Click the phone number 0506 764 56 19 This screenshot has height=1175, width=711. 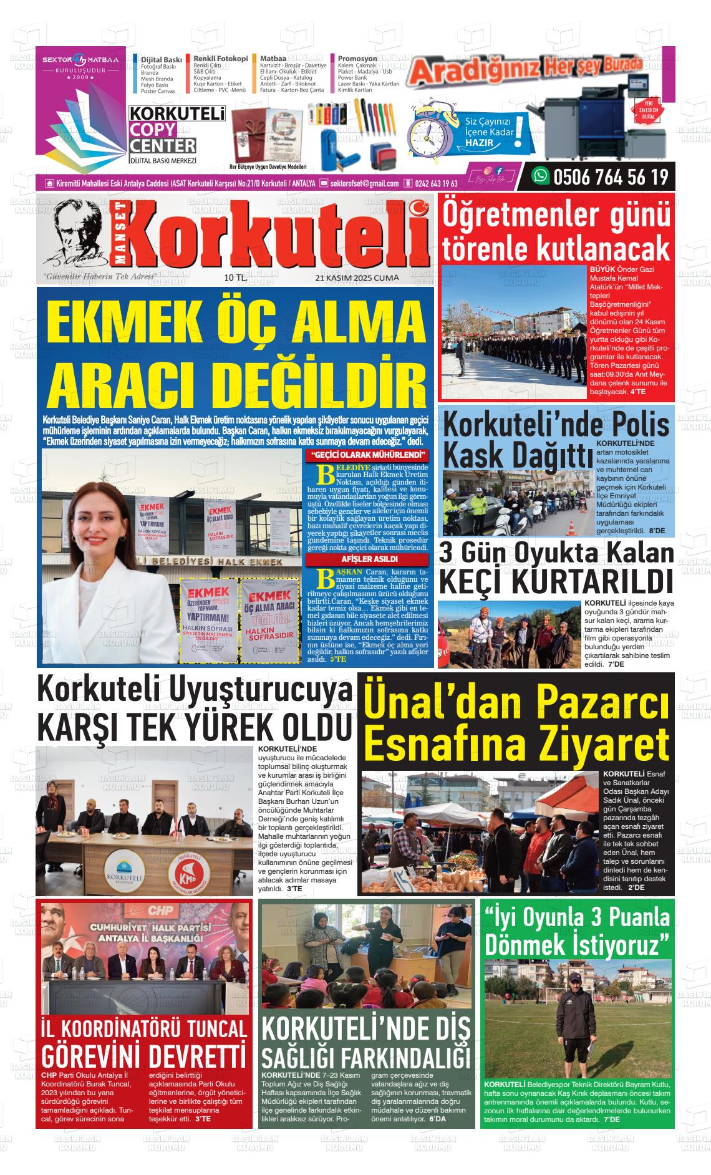pos(610,178)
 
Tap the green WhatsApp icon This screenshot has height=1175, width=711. pos(539,177)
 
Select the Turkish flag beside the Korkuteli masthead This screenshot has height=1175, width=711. pos(421,207)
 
